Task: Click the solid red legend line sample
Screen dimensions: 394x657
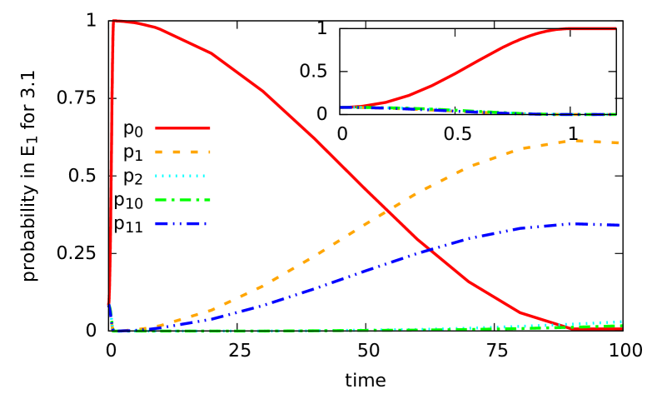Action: (x=182, y=128)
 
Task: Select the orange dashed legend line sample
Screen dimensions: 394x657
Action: (x=182, y=152)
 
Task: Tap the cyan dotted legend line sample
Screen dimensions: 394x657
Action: (x=180, y=176)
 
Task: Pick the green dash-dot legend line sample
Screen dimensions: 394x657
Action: (x=182, y=200)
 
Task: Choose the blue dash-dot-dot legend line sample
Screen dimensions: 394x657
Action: (x=180, y=223)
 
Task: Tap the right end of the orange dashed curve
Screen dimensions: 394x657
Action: (x=617, y=143)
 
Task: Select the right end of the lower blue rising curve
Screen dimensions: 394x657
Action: (x=617, y=225)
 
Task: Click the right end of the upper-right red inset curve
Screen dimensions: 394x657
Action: (x=616, y=28)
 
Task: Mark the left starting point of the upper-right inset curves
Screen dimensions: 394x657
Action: (x=341, y=107)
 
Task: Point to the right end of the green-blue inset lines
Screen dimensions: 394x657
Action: (x=616, y=114)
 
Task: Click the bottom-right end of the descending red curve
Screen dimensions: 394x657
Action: (x=620, y=328)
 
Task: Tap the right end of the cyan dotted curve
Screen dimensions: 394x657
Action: (x=620, y=322)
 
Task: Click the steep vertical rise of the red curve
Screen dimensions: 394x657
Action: (x=111, y=167)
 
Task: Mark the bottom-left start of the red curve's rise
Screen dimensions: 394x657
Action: (x=108, y=304)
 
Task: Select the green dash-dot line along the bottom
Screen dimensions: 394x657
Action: (x=250, y=332)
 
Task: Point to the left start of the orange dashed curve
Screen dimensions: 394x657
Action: (x=133, y=329)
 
